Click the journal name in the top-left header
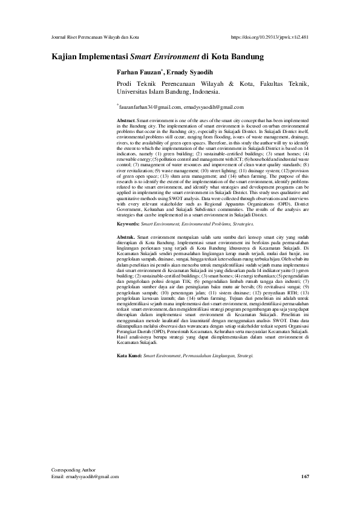(x=96, y=37)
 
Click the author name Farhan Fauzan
(x=139, y=71)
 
